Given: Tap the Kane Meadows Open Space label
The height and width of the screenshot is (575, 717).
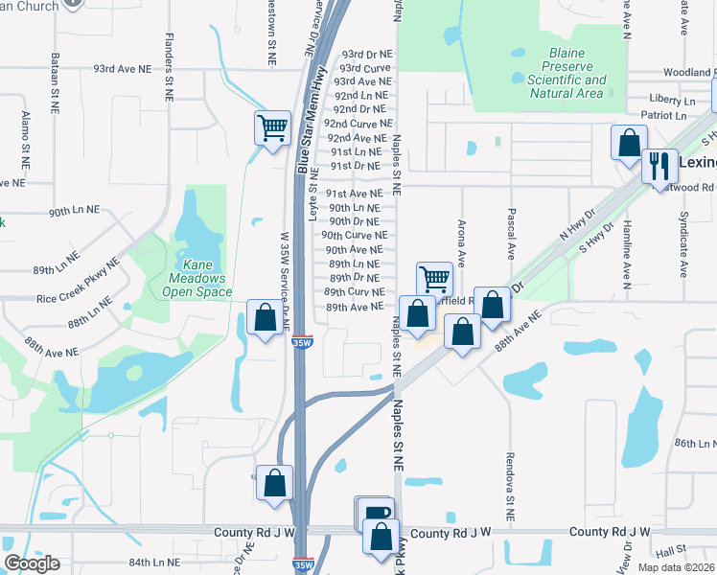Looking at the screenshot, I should point(193,277).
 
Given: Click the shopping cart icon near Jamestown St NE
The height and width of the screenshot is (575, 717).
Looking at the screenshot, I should point(272,126).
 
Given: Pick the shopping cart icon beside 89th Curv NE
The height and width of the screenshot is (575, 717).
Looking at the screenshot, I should point(434,279).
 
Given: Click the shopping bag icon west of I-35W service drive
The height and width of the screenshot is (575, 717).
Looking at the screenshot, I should point(264,317).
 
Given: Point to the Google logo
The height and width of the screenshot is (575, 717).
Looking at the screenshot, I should point(32,563).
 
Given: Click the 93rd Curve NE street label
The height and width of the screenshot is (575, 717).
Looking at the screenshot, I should point(364,68).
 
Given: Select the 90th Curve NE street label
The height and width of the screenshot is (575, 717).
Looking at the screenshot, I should point(354,235).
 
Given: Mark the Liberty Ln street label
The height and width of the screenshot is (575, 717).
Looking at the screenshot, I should point(672,100).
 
